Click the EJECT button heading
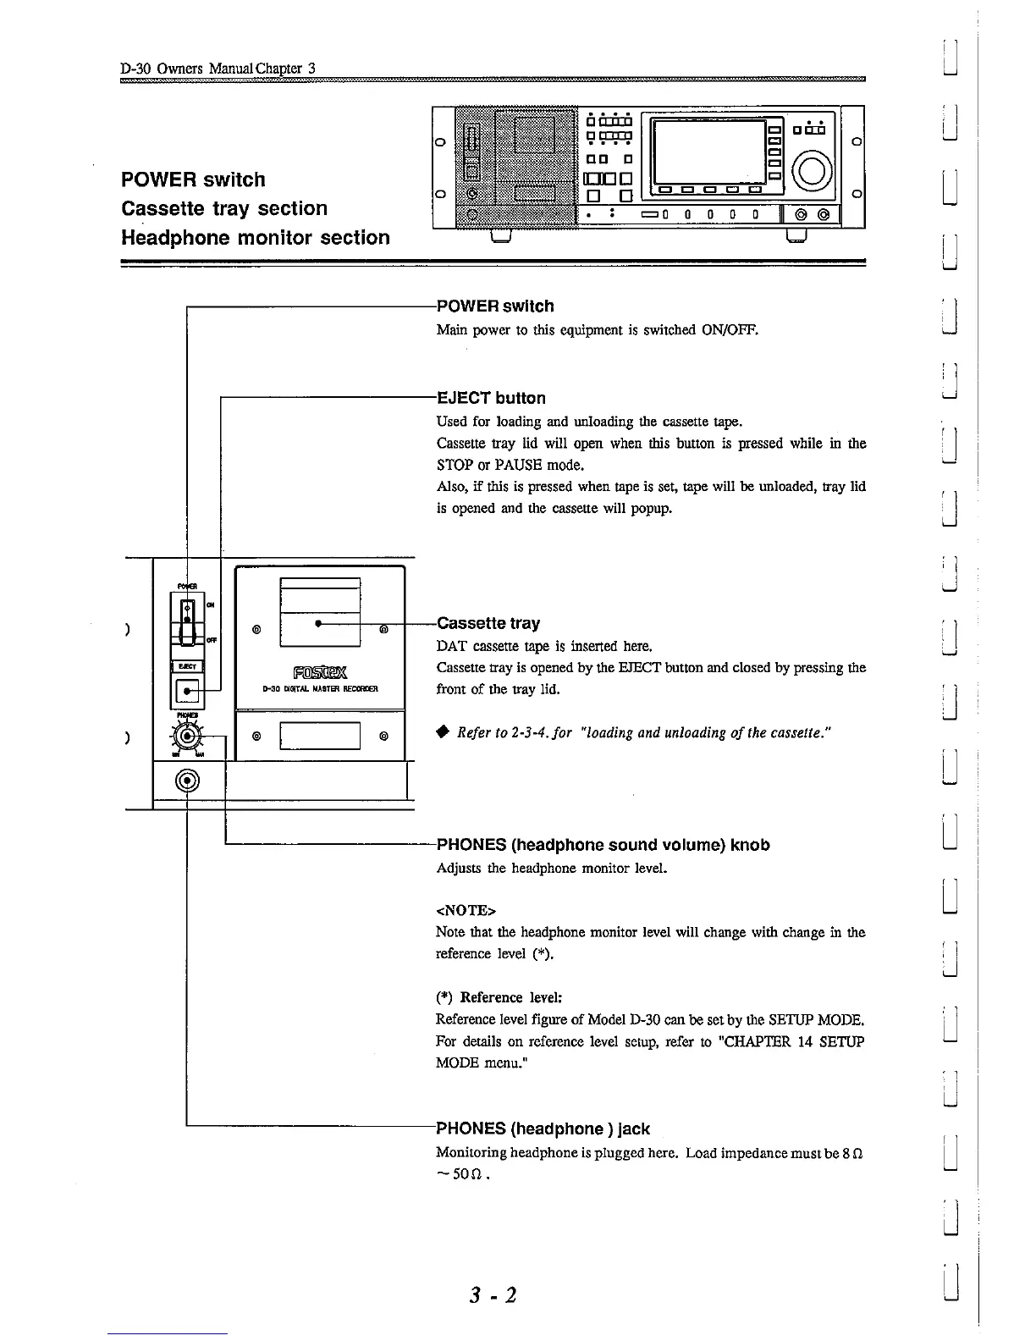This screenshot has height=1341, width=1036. click(491, 398)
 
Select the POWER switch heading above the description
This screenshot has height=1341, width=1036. click(495, 306)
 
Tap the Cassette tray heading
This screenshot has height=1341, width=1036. click(488, 624)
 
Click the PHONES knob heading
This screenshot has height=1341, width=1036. click(603, 845)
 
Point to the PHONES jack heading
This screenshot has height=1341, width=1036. click(543, 1129)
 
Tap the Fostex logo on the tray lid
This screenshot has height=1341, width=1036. click(320, 674)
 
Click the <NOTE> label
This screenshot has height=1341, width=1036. click(466, 911)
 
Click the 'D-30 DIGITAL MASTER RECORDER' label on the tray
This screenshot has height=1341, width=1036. click(320, 689)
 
